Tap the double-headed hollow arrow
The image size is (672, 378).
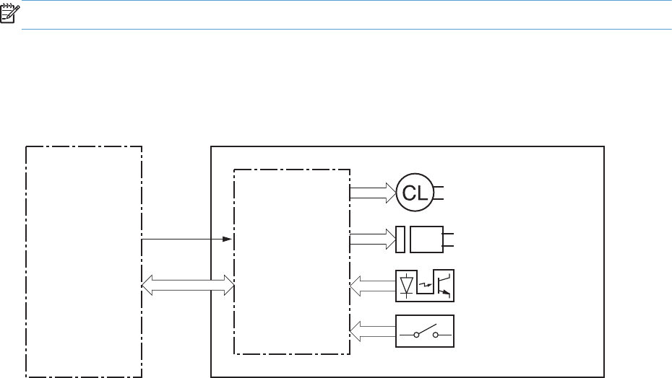pos(188,285)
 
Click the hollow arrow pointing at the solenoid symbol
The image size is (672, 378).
pos(372,239)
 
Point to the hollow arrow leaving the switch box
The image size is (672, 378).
pos(372,331)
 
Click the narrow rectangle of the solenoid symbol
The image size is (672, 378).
pos(400,239)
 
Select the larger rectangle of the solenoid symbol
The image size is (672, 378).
pos(426,239)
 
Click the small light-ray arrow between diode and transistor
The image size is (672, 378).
pos(425,286)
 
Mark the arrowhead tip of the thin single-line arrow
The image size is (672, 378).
pos(231,239)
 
